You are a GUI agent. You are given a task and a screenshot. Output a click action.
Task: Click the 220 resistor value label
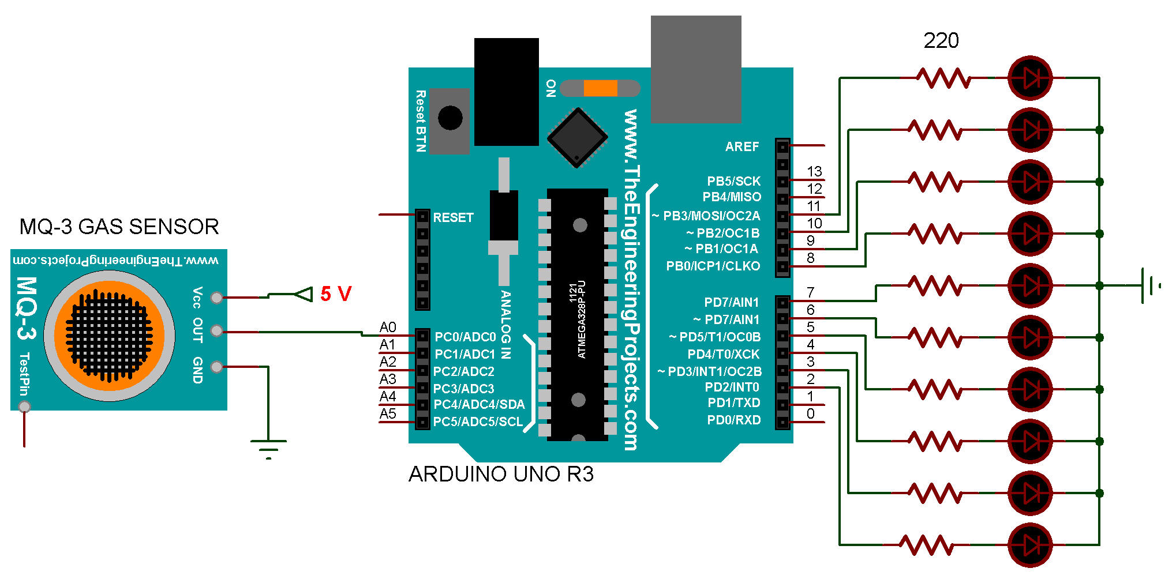(941, 41)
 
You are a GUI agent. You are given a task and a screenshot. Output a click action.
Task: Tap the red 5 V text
(336, 294)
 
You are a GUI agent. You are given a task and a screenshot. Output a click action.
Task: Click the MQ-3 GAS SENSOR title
(119, 227)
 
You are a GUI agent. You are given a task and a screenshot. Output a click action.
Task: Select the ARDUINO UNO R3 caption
(501, 474)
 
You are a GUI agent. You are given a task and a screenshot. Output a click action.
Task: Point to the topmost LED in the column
(1030, 78)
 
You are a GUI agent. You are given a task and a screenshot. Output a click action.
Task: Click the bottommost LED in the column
(1030, 545)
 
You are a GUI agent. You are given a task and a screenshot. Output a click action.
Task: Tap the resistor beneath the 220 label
(944, 78)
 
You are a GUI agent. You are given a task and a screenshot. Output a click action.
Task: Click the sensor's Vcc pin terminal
(216, 298)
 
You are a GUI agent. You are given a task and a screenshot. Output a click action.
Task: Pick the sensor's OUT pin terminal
(216, 331)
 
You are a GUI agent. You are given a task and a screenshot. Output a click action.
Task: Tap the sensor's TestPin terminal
(24, 407)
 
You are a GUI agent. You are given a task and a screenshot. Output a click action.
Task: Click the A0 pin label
(388, 328)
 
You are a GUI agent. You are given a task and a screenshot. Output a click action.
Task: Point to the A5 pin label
(388, 414)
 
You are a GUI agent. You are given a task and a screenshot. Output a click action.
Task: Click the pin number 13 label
(814, 172)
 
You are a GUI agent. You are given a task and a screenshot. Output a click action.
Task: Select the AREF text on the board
(742, 147)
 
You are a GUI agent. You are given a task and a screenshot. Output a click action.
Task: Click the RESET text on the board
(453, 218)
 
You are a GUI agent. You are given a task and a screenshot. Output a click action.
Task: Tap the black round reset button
(450, 118)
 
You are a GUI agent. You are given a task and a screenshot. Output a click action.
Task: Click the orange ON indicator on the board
(600, 88)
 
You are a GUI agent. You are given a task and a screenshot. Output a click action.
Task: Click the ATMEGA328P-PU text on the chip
(582, 319)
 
